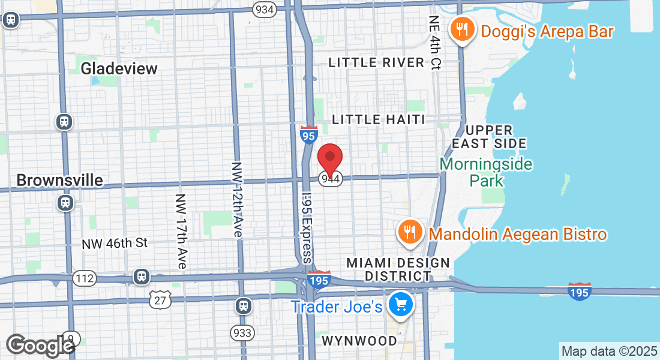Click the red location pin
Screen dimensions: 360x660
(329, 158)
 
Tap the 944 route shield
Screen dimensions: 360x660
(331, 179)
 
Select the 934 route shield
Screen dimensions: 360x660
(264, 9)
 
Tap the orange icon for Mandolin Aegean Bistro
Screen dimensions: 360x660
(410, 233)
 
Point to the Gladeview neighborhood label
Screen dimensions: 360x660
(119, 68)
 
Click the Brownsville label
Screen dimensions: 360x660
(59, 180)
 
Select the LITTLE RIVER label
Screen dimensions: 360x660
(377, 62)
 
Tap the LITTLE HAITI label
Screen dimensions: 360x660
(379, 119)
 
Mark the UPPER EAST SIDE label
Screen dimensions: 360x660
(489, 137)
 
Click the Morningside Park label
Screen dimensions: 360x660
(486, 172)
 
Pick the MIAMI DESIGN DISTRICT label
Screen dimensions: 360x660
(398, 269)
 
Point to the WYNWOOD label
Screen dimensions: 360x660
(359, 341)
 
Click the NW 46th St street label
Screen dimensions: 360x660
(115, 243)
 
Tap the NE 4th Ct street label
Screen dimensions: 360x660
(435, 42)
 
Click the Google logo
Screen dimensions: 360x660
(40, 345)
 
